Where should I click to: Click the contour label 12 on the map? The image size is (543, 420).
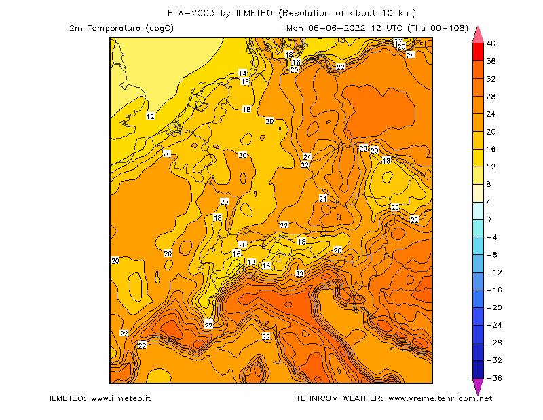click(x=150, y=116)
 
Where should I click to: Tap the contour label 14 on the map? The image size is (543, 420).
click(x=243, y=73)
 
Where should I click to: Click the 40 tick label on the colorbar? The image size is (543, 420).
click(x=491, y=43)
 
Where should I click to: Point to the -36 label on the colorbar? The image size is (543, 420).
click(x=494, y=378)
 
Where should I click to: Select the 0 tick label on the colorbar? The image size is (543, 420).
click(x=488, y=220)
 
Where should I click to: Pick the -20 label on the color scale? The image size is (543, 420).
click(x=494, y=308)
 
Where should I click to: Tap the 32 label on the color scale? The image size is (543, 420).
click(x=491, y=79)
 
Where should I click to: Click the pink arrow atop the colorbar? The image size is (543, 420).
click(x=478, y=35)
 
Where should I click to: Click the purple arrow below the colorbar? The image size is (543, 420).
click(x=478, y=386)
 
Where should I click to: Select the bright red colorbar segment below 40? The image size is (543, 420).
click(x=478, y=52)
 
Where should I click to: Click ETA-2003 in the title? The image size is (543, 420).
click(x=191, y=13)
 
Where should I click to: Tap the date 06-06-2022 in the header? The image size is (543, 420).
click(x=337, y=28)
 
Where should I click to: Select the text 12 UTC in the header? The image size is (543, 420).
click(x=387, y=28)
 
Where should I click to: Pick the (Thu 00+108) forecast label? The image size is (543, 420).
click(x=438, y=28)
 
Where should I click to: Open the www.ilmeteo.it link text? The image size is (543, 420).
click(x=121, y=398)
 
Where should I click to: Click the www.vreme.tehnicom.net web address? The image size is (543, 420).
click(x=440, y=398)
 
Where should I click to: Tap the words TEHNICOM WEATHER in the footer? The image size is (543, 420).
click(x=339, y=398)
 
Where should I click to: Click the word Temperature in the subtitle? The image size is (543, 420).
click(x=113, y=28)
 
